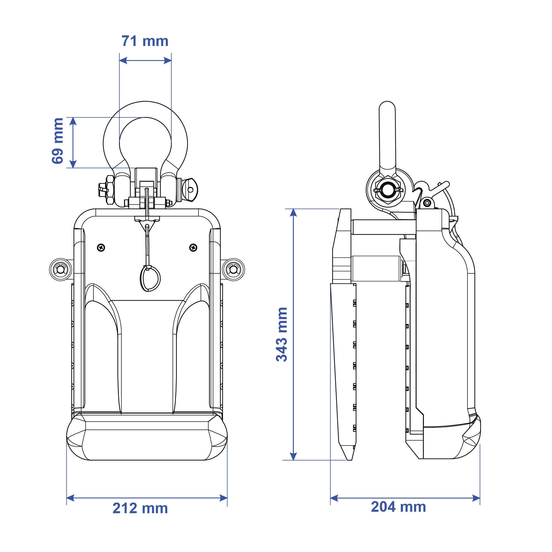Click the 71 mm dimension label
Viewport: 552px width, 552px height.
click(x=145, y=41)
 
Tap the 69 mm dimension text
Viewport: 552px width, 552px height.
click(x=57, y=141)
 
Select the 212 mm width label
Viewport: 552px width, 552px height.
click(x=140, y=508)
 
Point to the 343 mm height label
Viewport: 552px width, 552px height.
click(x=281, y=334)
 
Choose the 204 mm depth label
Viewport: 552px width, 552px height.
click(x=398, y=507)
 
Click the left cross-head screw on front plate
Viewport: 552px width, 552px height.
click(x=101, y=247)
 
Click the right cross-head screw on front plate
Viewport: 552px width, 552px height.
click(x=193, y=247)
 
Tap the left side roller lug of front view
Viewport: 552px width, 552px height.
click(x=61, y=269)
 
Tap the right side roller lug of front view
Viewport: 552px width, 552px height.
click(x=233, y=269)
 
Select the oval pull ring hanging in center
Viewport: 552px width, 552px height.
click(x=150, y=278)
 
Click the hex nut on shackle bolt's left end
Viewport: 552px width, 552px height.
click(x=110, y=190)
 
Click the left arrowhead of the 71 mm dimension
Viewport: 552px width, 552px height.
click(x=123, y=60)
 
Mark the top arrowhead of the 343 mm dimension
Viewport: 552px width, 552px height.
click(x=293, y=212)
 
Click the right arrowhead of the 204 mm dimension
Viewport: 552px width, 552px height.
click(x=476, y=498)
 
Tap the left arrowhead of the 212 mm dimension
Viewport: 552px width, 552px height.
click(x=70, y=498)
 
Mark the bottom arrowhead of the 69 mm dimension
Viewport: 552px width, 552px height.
click(x=73, y=164)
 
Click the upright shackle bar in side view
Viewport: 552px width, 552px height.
click(x=387, y=135)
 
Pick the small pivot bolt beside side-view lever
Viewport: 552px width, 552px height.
click(x=427, y=203)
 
